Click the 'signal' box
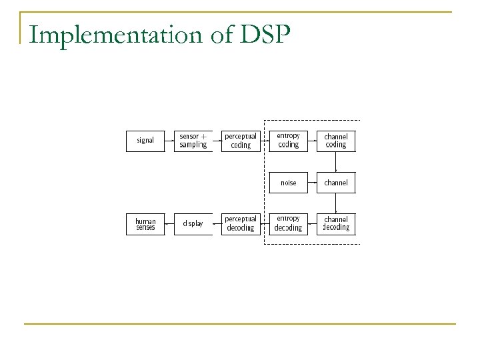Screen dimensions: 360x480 click(145, 141)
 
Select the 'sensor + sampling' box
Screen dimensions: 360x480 click(193, 141)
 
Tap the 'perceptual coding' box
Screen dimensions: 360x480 click(241, 141)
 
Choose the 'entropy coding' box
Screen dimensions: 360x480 click(289, 141)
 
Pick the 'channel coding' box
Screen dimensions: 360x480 click(336, 141)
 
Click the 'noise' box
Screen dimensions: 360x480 click(289, 183)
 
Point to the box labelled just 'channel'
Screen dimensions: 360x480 click(336, 183)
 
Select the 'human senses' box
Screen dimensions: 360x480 click(145, 223)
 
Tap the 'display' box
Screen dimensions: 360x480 click(193, 223)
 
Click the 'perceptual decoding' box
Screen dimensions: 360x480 click(241, 223)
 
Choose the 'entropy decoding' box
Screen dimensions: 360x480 click(289, 223)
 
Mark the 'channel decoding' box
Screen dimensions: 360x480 click(336, 223)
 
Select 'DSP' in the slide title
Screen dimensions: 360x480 click(261, 34)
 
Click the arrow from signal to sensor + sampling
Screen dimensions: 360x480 click(169, 141)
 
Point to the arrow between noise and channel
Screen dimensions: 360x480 click(313, 183)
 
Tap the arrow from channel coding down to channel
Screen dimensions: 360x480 click(336, 162)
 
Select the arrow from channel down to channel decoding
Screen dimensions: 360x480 click(336, 203)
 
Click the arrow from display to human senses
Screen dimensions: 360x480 click(169, 223)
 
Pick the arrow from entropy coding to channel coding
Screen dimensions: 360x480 click(313, 141)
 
